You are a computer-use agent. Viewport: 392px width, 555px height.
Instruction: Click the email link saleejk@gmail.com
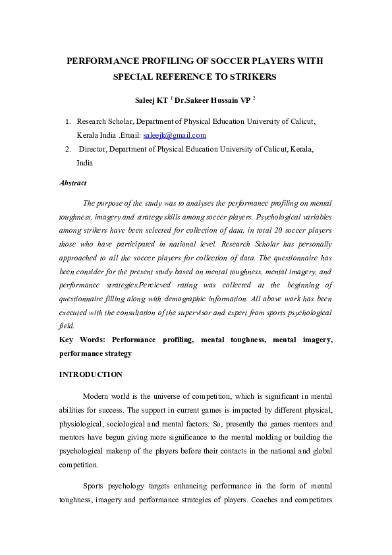[x=175, y=135]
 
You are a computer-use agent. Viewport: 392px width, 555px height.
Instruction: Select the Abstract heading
[x=72, y=183]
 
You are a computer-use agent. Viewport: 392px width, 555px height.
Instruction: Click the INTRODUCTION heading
[x=90, y=374]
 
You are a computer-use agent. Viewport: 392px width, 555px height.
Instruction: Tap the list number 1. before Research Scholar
[x=68, y=121]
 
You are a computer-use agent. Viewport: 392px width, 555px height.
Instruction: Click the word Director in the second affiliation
[x=92, y=149]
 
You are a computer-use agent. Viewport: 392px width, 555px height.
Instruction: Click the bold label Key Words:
[x=82, y=339]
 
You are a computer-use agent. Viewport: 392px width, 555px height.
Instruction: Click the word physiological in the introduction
[x=82, y=423]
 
